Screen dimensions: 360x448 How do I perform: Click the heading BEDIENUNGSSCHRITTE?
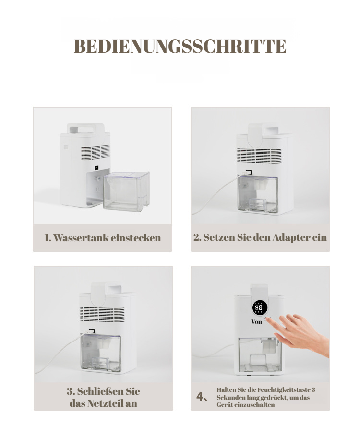pyautogui.click(x=180, y=46)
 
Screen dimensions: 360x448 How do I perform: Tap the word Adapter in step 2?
pyautogui.click(x=291, y=237)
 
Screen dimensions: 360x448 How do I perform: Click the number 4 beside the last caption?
pyautogui.click(x=200, y=397)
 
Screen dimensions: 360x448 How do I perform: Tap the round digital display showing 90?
pyautogui.click(x=260, y=308)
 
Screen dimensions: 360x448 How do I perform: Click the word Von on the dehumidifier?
pyautogui.click(x=256, y=322)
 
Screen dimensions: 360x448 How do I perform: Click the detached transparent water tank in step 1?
pyautogui.click(x=127, y=191)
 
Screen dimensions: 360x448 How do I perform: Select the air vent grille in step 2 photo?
pyautogui.click(x=259, y=156)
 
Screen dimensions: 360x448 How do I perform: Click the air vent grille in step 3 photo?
pyautogui.click(x=102, y=315)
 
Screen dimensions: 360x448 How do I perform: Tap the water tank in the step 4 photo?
pyautogui.click(x=260, y=355)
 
